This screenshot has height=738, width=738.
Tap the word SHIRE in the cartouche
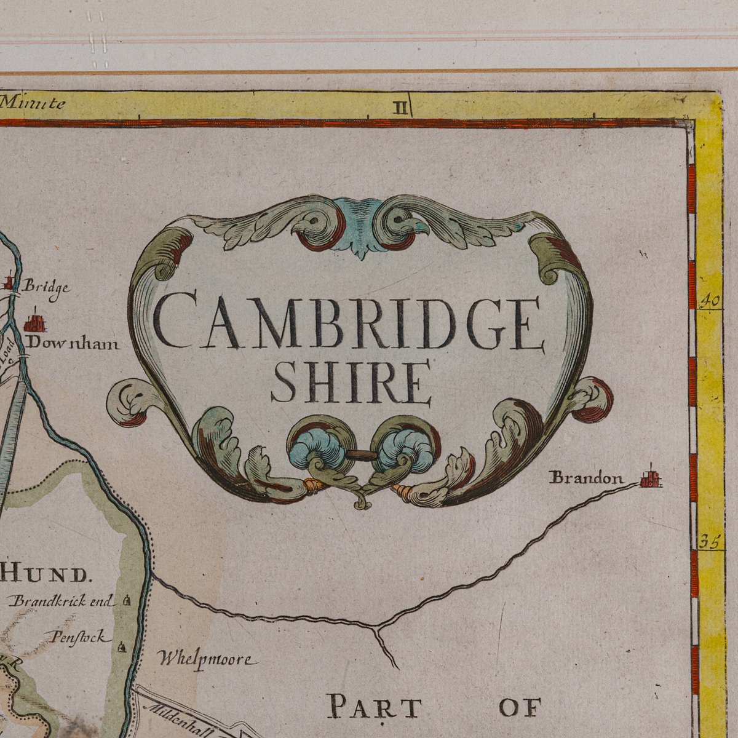[351, 382]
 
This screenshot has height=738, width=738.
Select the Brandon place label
[586, 477]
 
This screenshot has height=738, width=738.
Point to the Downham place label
[72, 343]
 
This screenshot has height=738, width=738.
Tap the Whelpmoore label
[205, 659]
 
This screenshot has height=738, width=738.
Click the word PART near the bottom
[374, 707]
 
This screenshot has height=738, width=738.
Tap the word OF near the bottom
[520, 707]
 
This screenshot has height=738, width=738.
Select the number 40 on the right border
[710, 301]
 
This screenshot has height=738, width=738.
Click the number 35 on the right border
[709, 542]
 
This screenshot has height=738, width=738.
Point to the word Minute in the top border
[33, 103]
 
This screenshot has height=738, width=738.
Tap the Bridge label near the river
[46, 287]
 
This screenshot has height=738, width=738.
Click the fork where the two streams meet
[376, 628]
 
